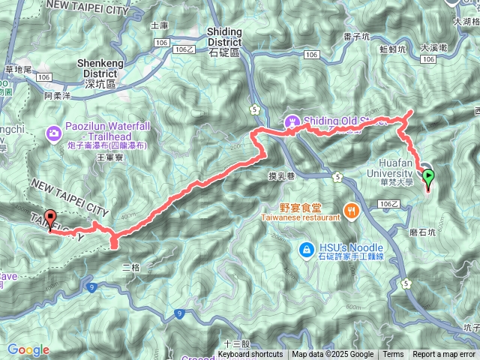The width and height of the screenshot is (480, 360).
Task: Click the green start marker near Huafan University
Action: coord(428,178)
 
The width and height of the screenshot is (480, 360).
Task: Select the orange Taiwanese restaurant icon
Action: coord(349,211)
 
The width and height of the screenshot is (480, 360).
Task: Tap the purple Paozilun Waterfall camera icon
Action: coord(54,133)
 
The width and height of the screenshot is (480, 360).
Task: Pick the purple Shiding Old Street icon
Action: coord(291,121)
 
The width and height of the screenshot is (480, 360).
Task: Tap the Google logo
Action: coord(28,349)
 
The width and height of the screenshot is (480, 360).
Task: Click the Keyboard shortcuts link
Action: coord(250,355)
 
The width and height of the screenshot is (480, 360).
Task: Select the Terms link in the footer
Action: coord(393,355)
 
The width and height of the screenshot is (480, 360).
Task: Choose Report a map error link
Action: coord(444,355)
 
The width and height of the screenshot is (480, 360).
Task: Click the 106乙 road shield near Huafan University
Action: coord(388,203)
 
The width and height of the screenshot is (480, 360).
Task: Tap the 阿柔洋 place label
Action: coord(57,96)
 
